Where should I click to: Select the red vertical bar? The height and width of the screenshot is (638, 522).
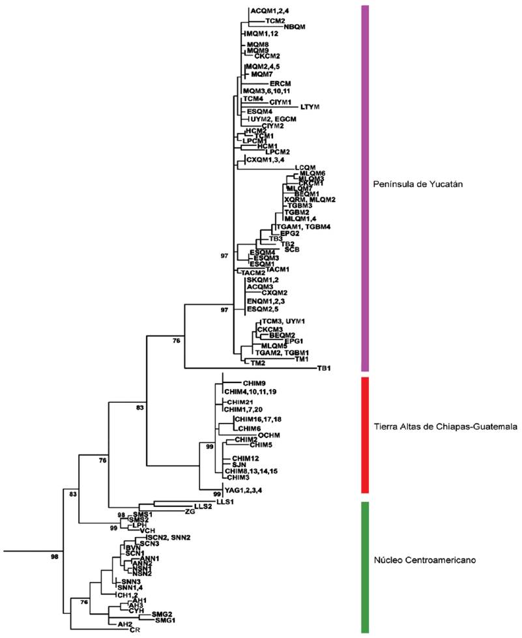pyautogui.click(x=365, y=434)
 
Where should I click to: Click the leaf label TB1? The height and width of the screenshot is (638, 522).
pyautogui.click(x=324, y=368)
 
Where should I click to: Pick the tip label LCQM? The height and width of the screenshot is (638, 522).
pyautogui.click(x=304, y=167)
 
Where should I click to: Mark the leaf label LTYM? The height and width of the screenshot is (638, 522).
pyautogui.click(x=310, y=106)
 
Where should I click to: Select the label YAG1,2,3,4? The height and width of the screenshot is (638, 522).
pyautogui.click(x=245, y=489)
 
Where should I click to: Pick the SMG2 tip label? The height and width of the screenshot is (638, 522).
pyautogui.click(x=162, y=614)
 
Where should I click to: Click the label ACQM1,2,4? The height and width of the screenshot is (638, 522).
pyautogui.click(x=269, y=12)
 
